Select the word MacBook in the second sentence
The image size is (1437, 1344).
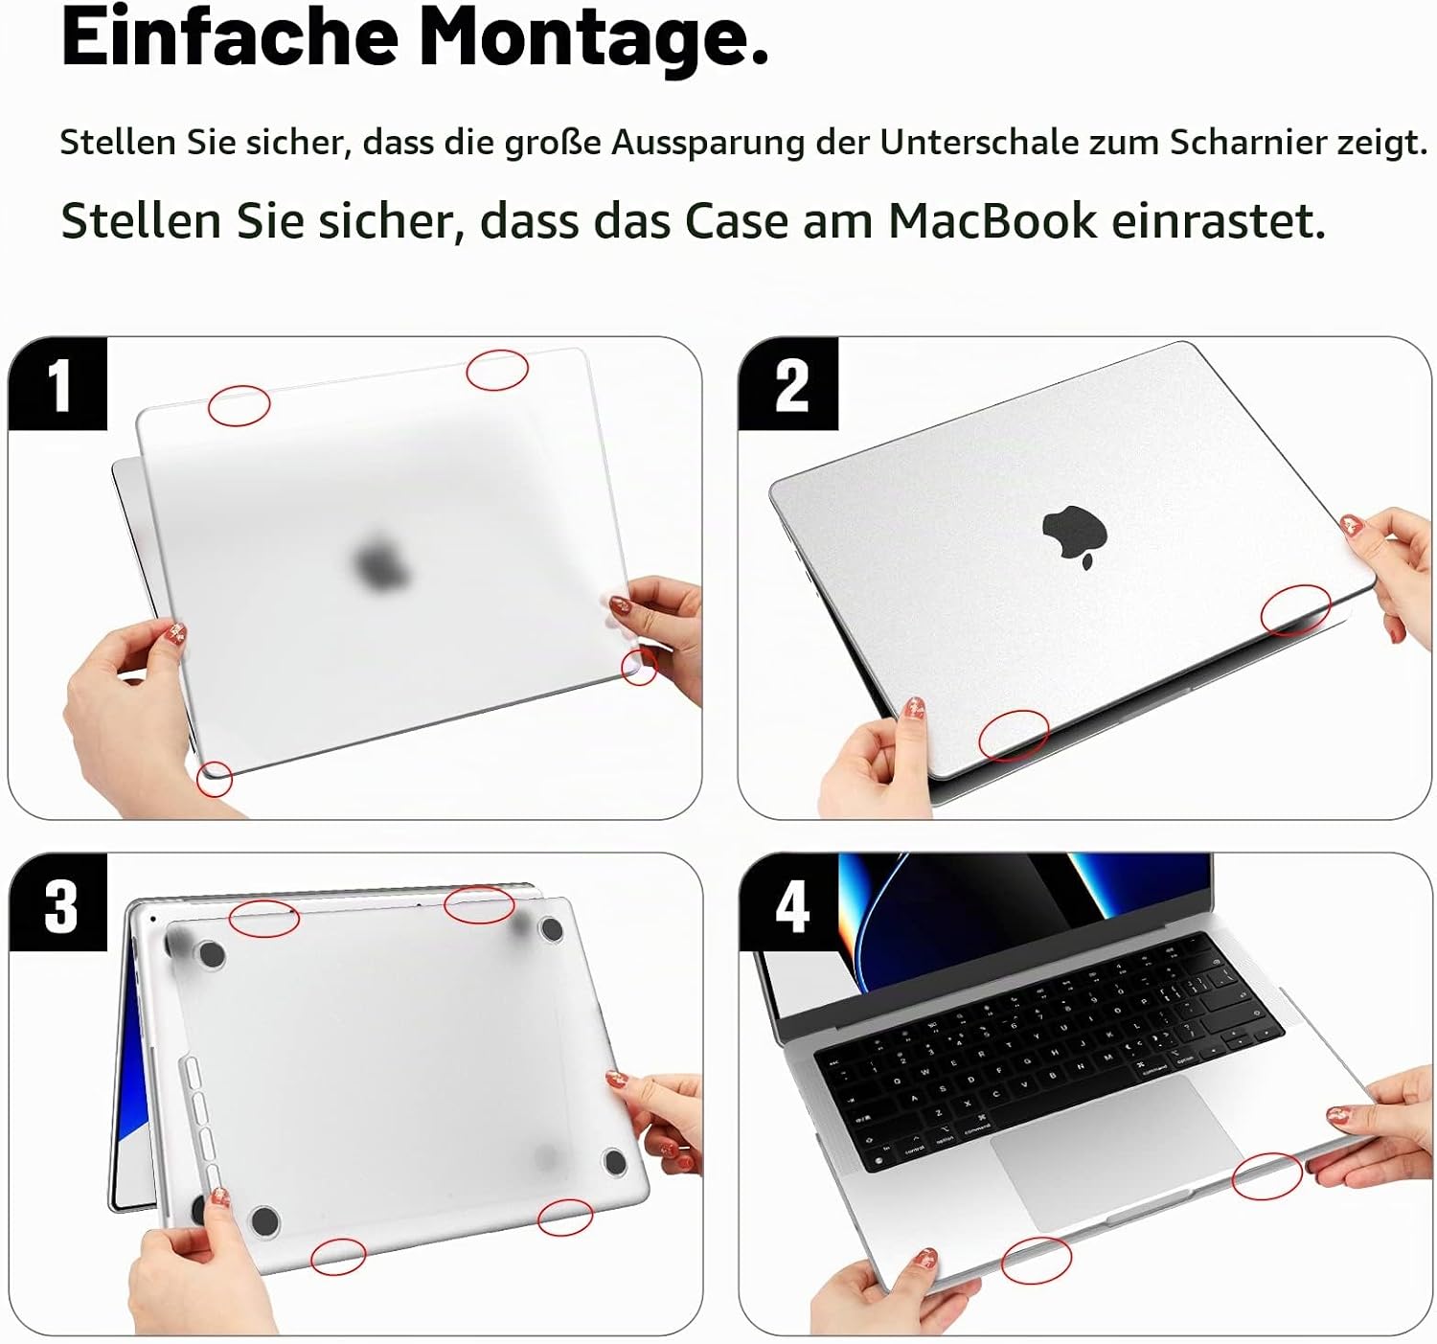click(x=992, y=220)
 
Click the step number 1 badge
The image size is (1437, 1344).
click(x=57, y=384)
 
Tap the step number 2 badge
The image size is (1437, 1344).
click(x=788, y=384)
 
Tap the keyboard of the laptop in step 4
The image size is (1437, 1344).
click(x=1049, y=1049)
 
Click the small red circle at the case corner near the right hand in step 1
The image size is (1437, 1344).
click(x=639, y=667)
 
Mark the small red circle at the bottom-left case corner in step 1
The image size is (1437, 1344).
click(x=215, y=779)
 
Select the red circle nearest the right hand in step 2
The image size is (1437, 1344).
click(x=1295, y=610)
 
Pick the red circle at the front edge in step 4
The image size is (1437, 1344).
click(x=1037, y=1261)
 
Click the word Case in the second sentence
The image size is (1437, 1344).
click(x=737, y=220)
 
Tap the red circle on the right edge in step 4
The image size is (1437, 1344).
click(x=1267, y=1176)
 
